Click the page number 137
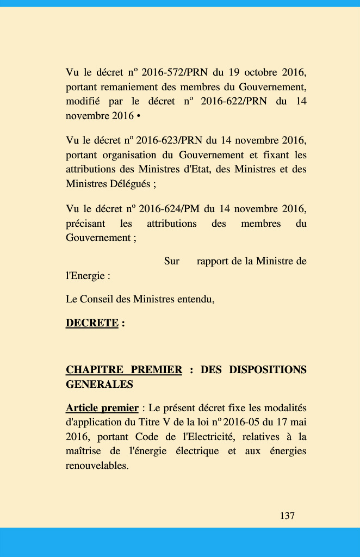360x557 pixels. coord(287,516)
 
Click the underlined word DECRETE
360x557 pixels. coord(92,323)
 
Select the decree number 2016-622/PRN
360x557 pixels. coord(234,101)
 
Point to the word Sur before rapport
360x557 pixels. coord(172,262)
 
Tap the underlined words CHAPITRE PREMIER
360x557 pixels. coord(124,370)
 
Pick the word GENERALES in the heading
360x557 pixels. coord(100,385)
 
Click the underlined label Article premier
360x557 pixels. coord(102,408)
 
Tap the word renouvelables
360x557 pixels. coord(97,466)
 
